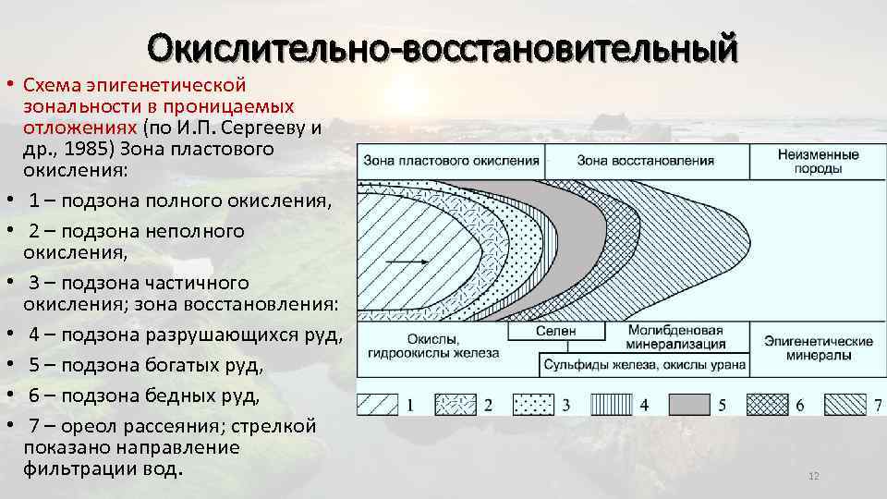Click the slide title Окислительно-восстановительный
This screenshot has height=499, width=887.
tap(443, 46)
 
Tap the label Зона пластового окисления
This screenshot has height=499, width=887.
tap(451, 160)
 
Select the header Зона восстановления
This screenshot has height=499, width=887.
tap(645, 160)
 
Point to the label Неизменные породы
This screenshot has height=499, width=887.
tap(818, 161)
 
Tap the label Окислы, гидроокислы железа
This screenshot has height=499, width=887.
tap(432, 346)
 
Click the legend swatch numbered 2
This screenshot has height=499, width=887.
tap(456, 404)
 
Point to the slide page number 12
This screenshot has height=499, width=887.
tap(814, 476)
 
